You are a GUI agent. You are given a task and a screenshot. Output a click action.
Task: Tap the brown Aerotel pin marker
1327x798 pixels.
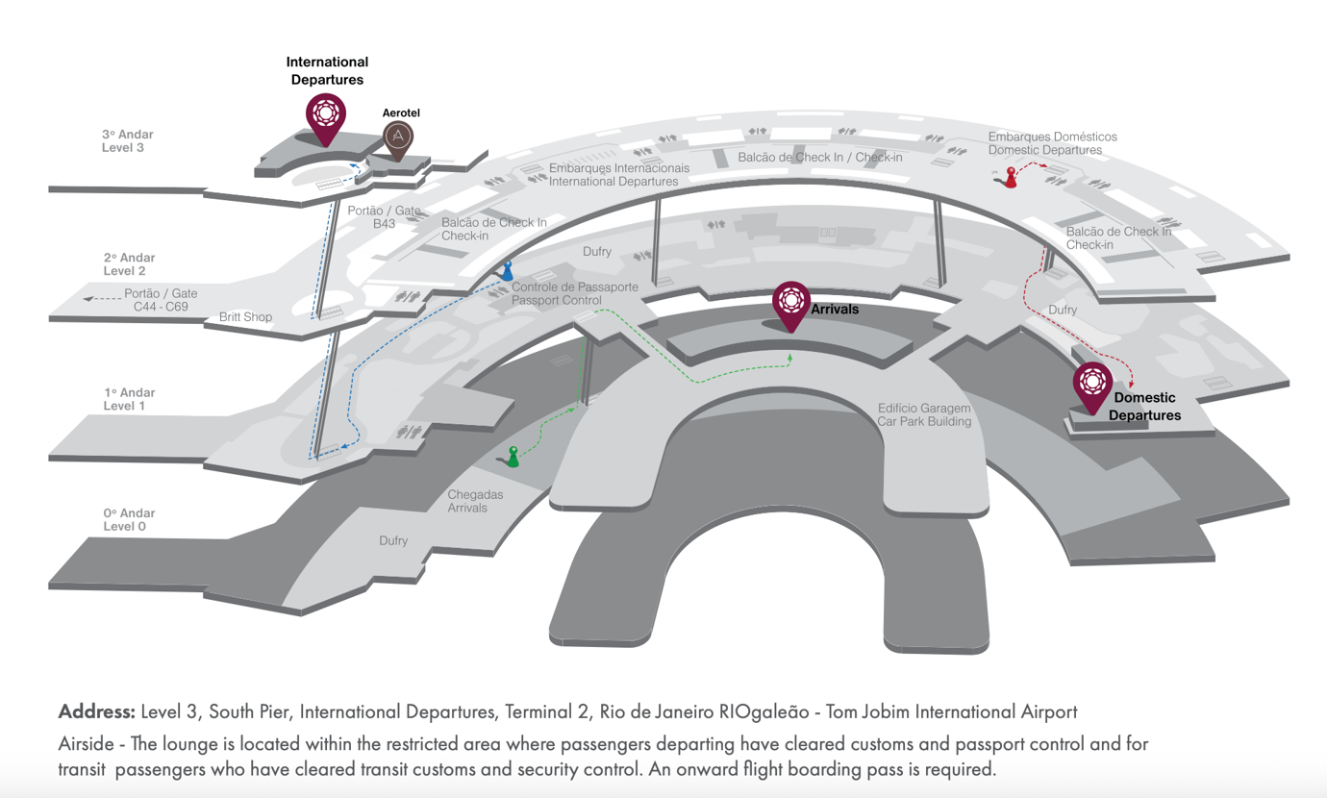pyautogui.click(x=398, y=138)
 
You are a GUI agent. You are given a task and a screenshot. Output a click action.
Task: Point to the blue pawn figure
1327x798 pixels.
pyautogui.click(x=507, y=271)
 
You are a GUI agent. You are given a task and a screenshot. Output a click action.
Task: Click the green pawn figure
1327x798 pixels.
pyautogui.click(x=513, y=457)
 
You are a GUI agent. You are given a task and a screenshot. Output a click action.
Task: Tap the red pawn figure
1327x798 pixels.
pyautogui.click(x=1010, y=177)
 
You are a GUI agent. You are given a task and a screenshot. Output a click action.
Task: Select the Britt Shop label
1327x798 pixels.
pyautogui.click(x=245, y=317)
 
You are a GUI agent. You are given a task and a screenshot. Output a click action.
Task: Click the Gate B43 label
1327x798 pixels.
pyautogui.click(x=385, y=217)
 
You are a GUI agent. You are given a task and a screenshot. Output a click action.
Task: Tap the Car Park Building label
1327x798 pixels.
pyautogui.click(x=924, y=414)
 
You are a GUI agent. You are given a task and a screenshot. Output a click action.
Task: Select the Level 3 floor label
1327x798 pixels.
pyautogui.click(x=128, y=141)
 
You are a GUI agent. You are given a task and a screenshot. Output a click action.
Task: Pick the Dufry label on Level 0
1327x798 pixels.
pyautogui.click(x=393, y=541)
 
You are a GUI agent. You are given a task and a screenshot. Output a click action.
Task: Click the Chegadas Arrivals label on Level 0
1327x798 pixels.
pyautogui.click(x=475, y=501)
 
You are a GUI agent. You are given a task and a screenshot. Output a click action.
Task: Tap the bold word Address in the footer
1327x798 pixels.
pyautogui.click(x=96, y=712)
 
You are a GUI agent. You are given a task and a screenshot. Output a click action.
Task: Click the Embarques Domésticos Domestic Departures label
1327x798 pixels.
pyautogui.click(x=1052, y=143)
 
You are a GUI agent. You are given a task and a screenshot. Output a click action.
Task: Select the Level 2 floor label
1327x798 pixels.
pyautogui.click(x=129, y=264)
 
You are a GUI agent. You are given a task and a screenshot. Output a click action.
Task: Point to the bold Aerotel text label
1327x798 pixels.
pyautogui.click(x=401, y=112)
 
